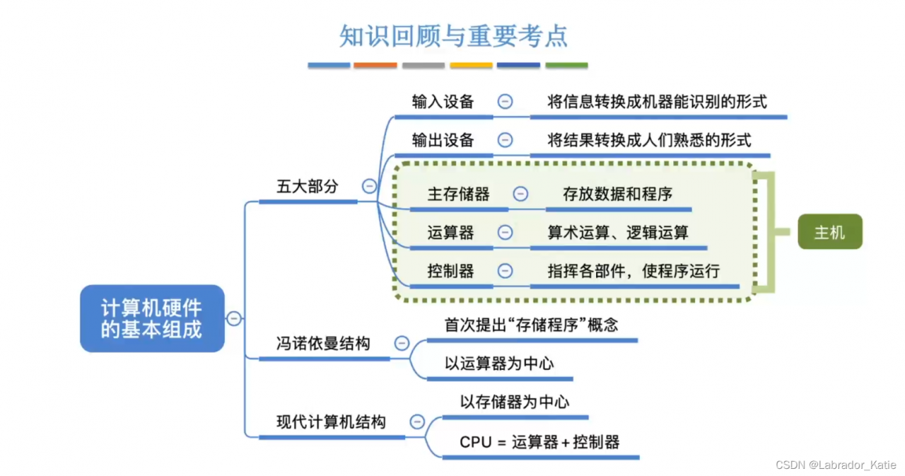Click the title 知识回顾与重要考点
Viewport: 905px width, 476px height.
(452, 36)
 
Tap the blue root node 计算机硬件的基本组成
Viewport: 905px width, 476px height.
(151, 319)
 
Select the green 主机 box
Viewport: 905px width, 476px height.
(829, 232)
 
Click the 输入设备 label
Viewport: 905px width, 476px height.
(443, 101)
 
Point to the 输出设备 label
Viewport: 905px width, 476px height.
(443, 140)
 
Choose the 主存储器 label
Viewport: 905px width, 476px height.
(458, 194)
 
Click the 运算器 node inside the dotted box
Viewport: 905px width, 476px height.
(450, 232)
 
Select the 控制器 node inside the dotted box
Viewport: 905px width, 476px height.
(450, 270)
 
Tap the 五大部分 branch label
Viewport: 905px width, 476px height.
(308, 187)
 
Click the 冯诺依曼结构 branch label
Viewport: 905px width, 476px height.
(323, 344)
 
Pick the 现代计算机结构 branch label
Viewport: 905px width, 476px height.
(331, 422)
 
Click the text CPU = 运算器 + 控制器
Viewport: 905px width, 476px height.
(539, 442)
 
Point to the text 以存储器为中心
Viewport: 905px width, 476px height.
(515, 402)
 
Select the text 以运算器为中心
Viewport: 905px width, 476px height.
(499, 364)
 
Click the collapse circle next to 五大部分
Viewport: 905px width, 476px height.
(369, 187)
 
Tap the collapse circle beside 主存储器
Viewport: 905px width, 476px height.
(520, 194)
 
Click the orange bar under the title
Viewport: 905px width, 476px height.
(375, 65)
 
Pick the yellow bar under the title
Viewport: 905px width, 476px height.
(471, 65)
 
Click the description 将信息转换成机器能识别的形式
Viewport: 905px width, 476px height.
(657, 101)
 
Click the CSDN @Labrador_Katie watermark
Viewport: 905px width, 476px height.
(836, 465)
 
